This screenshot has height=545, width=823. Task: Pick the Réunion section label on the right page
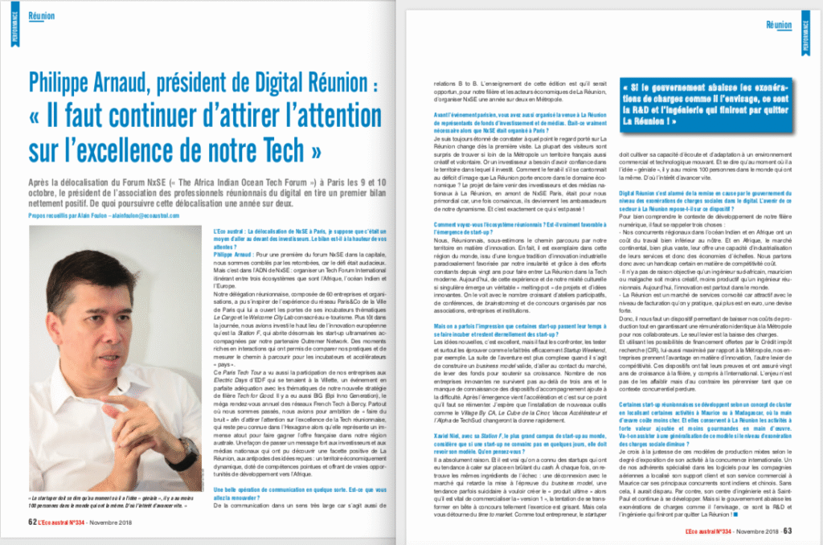[778, 25]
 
